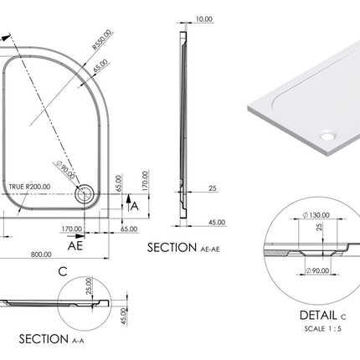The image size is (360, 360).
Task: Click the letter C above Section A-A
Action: (x=63, y=270)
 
